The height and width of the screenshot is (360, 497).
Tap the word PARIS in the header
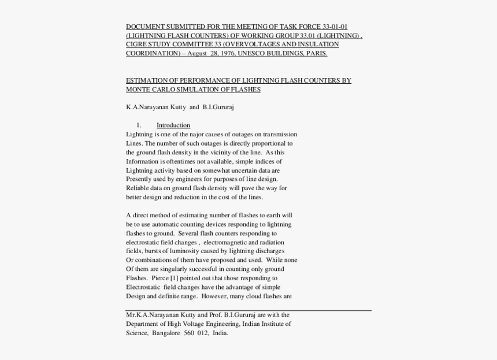(x=317, y=54)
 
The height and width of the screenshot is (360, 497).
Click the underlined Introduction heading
(x=173, y=125)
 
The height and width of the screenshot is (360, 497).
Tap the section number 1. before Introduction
(x=139, y=125)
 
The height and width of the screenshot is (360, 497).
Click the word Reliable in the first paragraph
(x=138, y=188)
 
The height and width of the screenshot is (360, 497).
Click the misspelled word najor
(x=185, y=135)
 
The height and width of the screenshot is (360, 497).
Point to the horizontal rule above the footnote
(x=248, y=310)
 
